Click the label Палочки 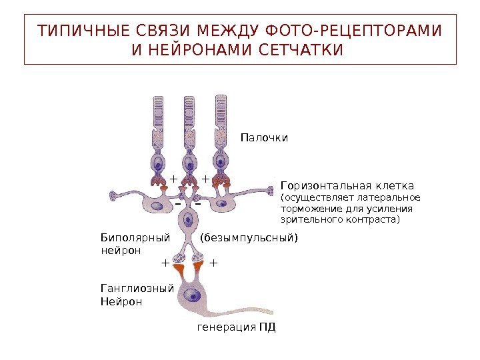pyautogui.click(x=264, y=137)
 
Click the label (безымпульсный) pyautogui.click(x=249, y=237)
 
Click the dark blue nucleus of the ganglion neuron pyautogui.click(x=195, y=295)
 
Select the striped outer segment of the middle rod pyautogui.click(x=189, y=111)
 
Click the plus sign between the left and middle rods pyautogui.click(x=173, y=179)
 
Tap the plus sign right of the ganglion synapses pyautogui.click(x=213, y=263)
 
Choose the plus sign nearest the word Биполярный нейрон pyautogui.click(x=165, y=263)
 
